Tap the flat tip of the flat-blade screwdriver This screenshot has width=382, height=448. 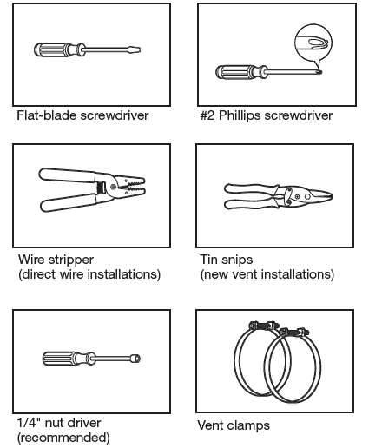pos(138,49)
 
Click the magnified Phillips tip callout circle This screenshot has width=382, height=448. pos(313,43)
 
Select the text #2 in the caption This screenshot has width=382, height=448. pos(207,115)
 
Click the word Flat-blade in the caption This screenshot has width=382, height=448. pos(47,115)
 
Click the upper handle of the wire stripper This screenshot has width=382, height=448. pos(67,175)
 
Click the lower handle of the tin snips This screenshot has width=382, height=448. pos(250,204)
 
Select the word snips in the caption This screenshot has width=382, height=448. pos(238,260)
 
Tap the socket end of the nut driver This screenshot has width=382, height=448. pos(135,359)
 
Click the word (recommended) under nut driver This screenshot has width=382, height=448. pos(63,438)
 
